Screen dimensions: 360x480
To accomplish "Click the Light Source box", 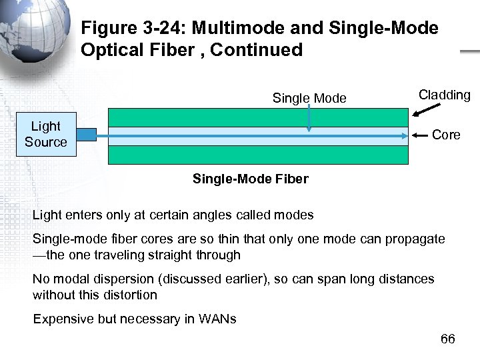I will (46, 134).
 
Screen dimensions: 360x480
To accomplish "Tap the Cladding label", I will (444, 95).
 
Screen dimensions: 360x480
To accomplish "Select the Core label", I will (446, 135).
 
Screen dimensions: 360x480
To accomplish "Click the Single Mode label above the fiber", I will (309, 99).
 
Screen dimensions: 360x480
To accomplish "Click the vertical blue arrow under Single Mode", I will (309, 120).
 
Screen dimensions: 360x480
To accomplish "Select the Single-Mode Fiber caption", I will (250, 179).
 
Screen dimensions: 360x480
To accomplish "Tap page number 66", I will (448, 340).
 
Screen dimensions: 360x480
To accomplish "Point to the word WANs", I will (217, 319).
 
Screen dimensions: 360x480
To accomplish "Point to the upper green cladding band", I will (257, 117).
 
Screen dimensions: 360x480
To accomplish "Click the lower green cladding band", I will (257, 155).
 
